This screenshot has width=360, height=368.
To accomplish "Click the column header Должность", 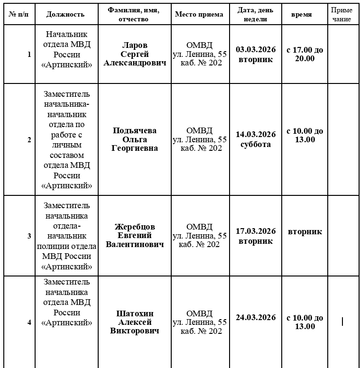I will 65,14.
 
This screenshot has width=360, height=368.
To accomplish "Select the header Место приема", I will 199,14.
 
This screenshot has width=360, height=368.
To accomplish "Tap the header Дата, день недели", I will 256,15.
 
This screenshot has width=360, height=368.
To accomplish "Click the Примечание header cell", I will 342,15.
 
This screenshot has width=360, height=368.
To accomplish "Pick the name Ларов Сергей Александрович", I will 135,54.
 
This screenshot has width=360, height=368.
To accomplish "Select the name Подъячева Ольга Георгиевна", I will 135,139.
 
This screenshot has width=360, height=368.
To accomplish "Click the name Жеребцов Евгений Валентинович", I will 135,236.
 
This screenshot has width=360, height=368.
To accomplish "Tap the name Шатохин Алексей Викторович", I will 135,322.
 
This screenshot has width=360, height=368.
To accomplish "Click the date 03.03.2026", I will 256,50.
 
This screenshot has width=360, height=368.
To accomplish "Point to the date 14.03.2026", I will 256,134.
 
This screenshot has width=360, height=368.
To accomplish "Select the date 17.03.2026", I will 256,231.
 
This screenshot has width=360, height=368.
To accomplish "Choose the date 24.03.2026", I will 256,317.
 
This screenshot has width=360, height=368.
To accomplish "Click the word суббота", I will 256,144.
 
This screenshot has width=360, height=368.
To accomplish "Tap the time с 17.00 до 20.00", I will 305,54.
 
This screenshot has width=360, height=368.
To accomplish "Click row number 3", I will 29,236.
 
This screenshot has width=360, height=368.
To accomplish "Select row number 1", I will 29,55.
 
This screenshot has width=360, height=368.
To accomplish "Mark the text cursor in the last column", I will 342,322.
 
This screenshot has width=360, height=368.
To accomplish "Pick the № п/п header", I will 18,14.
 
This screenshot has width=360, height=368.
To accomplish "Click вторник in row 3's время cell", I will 305,231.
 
